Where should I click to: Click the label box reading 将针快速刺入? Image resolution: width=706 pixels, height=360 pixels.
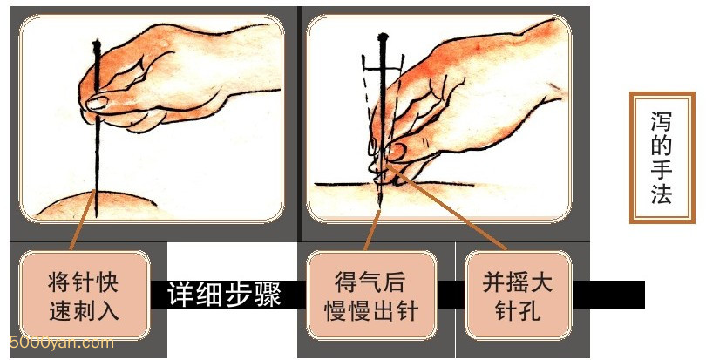coord(85,295)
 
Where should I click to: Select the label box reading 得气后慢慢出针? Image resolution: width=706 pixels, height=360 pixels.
coord(371,295)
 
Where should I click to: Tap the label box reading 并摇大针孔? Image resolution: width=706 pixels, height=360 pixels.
coord(518,295)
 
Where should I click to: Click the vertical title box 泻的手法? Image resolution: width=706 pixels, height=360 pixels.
coord(662,157)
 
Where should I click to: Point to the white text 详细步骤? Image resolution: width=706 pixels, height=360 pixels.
coord(224,295)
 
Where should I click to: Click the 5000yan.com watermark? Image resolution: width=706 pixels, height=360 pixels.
coord(61,343)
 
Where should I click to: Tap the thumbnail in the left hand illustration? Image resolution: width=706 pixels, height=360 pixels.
coord(98,104)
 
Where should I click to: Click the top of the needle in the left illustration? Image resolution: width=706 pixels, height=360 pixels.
coord(97,42)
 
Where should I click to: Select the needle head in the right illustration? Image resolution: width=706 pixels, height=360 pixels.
coord(383,37)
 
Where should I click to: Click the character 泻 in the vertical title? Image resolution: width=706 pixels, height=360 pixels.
coord(662,122)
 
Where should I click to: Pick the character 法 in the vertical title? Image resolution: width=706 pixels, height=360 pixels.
coord(662,193)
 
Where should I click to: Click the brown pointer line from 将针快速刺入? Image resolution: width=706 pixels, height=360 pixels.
coord(83,220)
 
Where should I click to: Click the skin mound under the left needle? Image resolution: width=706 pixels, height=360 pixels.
coord(97,205)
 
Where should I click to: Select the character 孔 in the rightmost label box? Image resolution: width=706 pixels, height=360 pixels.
coord(530,310)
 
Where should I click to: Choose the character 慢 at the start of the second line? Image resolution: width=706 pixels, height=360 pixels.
coord(336,310)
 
